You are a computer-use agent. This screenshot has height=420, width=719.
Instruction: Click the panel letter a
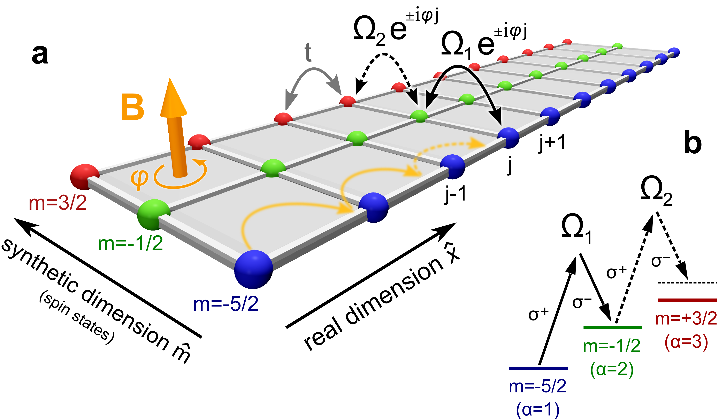tap(40, 55)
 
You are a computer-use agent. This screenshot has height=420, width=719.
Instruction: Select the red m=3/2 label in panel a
tap(58, 204)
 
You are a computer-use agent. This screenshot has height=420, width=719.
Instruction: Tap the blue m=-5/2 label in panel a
tap(226, 304)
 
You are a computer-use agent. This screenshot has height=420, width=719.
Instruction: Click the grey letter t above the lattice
tap(308, 53)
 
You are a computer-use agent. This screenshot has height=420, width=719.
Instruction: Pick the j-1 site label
tap(455, 195)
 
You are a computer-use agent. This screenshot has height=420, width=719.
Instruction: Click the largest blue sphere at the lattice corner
tap(253, 269)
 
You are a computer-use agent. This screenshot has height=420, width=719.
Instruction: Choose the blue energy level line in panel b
tap(538, 368)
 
